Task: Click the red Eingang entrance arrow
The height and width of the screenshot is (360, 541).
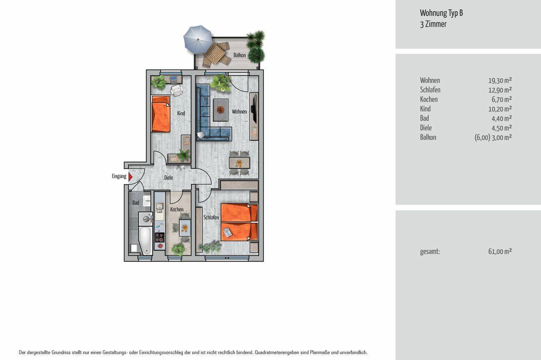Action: (130, 177)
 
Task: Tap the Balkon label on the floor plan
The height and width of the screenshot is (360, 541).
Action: (239, 55)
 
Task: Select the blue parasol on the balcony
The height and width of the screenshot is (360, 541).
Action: (198, 39)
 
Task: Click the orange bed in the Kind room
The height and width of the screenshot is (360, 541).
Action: (161, 114)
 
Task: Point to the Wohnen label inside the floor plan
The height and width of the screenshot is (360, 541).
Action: (239, 112)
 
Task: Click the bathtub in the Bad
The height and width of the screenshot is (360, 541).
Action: (145, 240)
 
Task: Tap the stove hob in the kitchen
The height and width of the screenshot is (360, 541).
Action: (159, 237)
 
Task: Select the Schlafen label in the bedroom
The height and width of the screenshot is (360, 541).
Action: (211, 217)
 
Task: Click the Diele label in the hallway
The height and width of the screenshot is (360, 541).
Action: (168, 177)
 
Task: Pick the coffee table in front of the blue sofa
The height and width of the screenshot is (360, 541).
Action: (220, 110)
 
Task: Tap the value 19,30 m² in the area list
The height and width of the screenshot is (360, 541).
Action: (500, 80)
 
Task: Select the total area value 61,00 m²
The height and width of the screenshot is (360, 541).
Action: (500, 252)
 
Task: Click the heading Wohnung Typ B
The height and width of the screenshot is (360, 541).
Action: (441, 13)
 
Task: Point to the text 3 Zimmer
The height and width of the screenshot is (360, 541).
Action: (433, 24)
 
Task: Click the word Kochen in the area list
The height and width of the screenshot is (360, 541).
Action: (429, 99)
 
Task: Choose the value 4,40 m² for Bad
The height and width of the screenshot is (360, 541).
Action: (502, 118)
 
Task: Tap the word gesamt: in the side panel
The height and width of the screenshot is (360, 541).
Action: (430, 252)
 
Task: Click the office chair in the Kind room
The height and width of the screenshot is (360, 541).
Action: (177, 90)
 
